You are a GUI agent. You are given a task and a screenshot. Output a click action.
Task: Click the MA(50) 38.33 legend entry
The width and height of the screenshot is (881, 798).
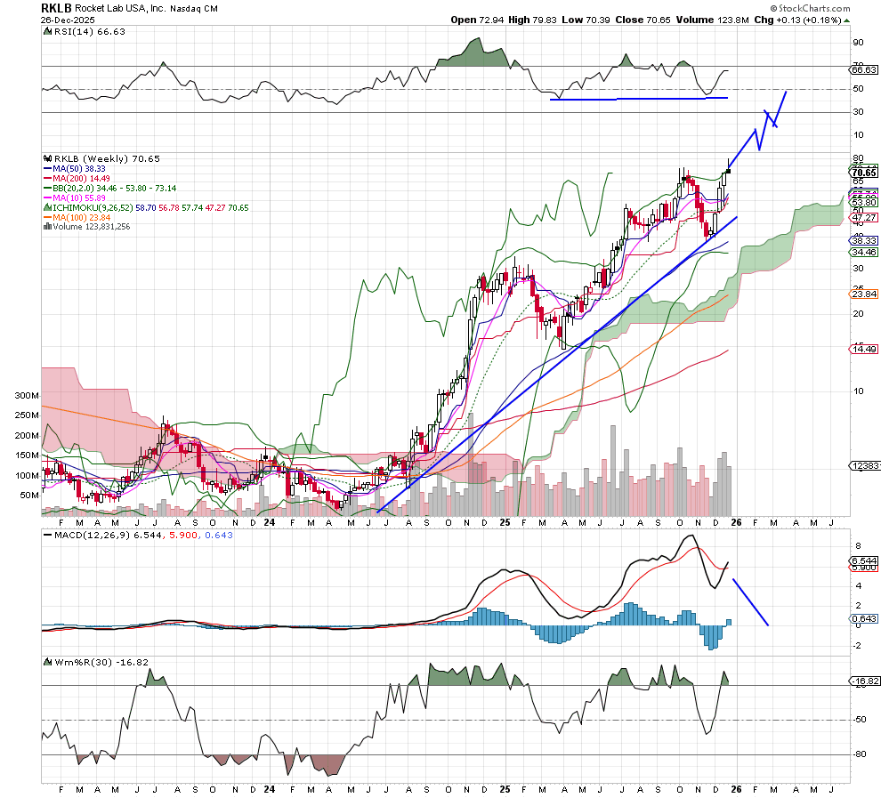tap(80, 167)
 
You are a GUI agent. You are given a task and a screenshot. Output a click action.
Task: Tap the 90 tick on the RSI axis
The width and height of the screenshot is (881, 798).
tap(859, 42)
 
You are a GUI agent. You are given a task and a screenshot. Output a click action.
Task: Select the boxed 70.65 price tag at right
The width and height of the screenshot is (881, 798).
tap(864, 172)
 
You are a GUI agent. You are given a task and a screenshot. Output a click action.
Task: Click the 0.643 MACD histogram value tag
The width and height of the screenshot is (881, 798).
tap(863, 618)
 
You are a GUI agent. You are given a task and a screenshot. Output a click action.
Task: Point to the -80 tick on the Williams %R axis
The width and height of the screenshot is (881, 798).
tap(860, 754)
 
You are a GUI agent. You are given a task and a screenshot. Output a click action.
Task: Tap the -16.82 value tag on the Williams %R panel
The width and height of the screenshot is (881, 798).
tap(864, 681)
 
